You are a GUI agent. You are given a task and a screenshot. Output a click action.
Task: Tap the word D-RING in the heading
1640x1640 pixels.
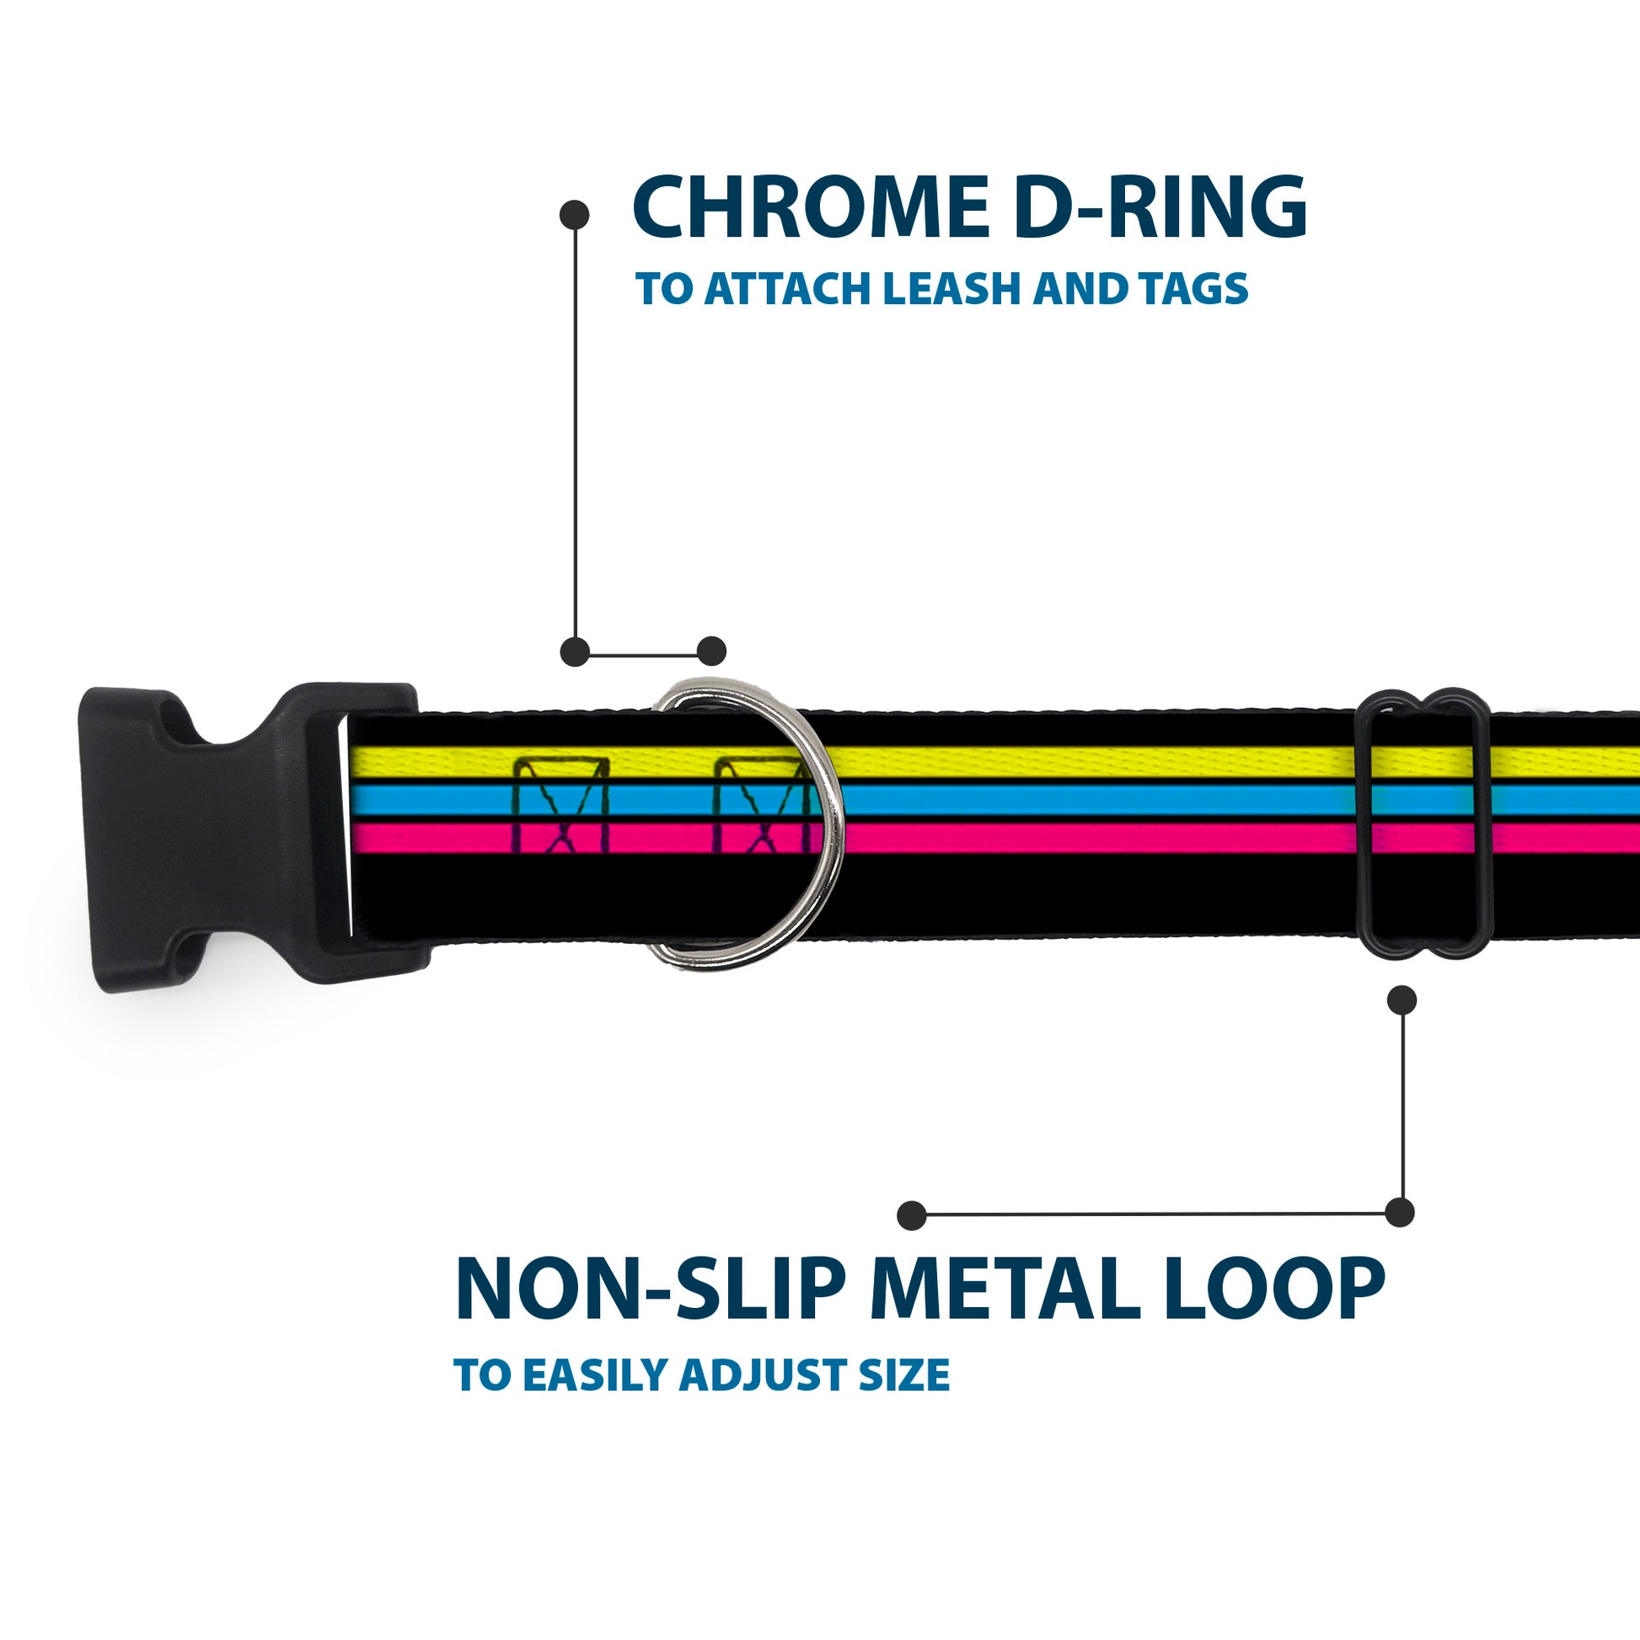(x=1160, y=208)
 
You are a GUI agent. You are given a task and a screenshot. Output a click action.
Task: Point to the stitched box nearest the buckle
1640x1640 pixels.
(x=562, y=807)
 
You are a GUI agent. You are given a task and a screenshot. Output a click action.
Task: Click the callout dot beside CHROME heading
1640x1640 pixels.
(x=575, y=215)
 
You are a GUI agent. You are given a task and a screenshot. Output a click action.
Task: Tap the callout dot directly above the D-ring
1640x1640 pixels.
(x=711, y=651)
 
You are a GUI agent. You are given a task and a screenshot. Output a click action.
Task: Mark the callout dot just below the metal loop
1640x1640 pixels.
(x=1402, y=1000)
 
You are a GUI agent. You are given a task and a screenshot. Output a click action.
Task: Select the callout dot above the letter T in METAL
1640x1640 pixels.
(x=912, y=1214)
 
